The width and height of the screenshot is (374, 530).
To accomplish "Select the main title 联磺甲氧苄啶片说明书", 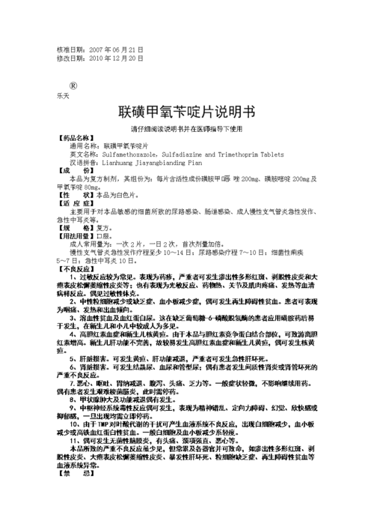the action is tap(187, 112).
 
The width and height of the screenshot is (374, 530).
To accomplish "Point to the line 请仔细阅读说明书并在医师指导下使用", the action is tap(187, 129).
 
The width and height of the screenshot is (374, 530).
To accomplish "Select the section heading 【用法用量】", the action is tap(77, 235).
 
